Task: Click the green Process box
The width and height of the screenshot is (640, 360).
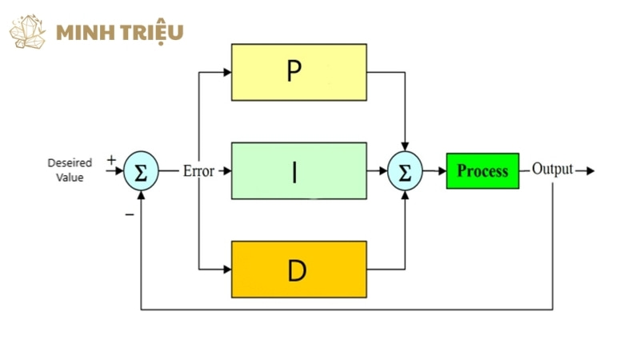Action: click(x=482, y=170)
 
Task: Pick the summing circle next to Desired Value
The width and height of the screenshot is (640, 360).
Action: click(x=141, y=170)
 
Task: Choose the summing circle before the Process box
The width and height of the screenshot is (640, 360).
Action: click(x=404, y=170)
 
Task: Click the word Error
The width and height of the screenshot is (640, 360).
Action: click(x=199, y=170)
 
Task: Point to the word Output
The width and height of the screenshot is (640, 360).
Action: click(x=553, y=170)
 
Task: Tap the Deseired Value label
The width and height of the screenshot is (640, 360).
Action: click(x=70, y=170)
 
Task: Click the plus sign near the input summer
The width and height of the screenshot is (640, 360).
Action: click(x=110, y=159)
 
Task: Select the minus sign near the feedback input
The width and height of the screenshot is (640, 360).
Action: click(x=129, y=214)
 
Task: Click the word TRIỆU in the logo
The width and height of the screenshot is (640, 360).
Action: click(x=154, y=32)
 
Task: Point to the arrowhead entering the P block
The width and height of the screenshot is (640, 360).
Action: click(x=226, y=72)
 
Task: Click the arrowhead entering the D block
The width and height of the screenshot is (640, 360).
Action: click(x=226, y=269)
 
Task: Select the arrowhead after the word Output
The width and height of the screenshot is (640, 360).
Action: click(x=590, y=170)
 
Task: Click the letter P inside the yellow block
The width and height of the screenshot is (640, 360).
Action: click(x=294, y=72)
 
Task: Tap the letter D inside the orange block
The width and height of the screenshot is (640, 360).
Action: click(x=297, y=270)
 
